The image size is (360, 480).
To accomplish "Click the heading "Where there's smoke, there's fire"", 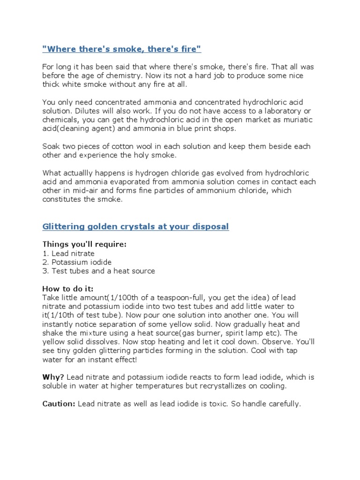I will click(121, 49).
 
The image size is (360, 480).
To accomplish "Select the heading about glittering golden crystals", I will click(135, 227).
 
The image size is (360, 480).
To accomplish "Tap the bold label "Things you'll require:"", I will click(84, 244).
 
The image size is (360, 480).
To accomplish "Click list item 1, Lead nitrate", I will click(68, 254).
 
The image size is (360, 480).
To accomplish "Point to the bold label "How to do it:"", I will click(71, 289).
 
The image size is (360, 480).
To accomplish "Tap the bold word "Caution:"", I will click(59, 404).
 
